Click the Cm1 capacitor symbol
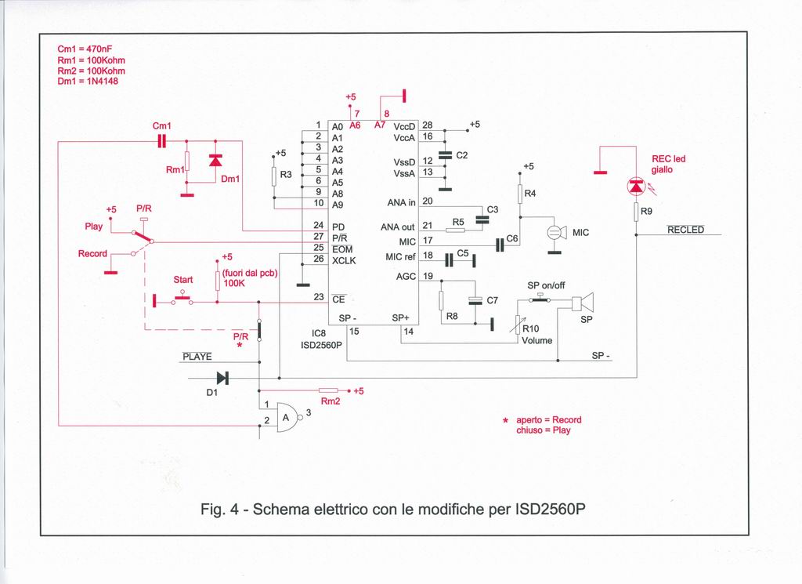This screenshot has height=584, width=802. point(162,141)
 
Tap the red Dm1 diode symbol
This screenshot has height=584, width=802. point(215,161)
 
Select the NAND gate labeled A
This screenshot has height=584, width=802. point(287,416)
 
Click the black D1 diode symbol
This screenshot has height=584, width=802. point(222,378)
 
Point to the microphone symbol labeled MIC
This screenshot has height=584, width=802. point(555,232)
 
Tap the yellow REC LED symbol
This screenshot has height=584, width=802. point(636,186)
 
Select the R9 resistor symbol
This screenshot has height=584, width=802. point(636,211)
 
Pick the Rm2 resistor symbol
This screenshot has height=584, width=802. point(329,390)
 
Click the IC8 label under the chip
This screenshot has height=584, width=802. point(319,332)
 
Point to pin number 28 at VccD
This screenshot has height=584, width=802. point(428,125)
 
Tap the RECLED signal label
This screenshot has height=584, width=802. point(685,230)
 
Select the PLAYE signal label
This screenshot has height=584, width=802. point(197,357)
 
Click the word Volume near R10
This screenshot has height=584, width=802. point(537,340)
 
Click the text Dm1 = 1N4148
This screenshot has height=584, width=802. point(88,81)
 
